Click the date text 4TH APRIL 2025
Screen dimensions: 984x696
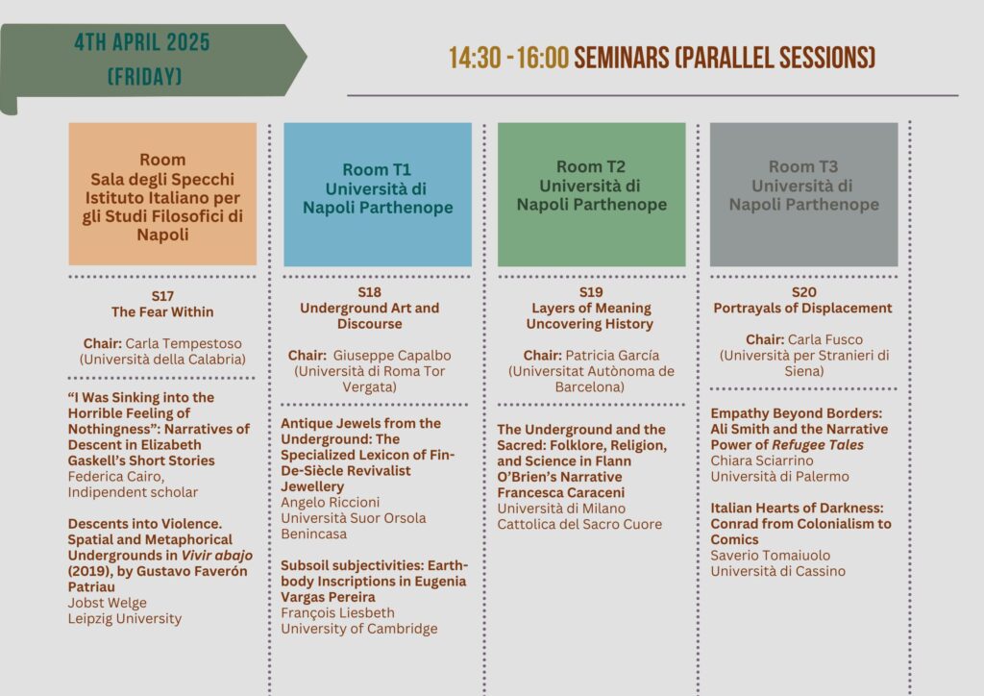click(142, 42)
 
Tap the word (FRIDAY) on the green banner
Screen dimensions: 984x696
click(144, 77)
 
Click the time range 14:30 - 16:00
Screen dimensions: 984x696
click(508, 58)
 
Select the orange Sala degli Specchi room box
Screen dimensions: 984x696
click(162, 194)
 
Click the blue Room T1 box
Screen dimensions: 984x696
click(378, 194)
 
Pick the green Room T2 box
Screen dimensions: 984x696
click(592, 194)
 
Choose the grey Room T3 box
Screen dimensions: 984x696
click(804, 194)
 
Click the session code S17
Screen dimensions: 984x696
click(162, 295)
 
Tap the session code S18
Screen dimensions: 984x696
click(370, 292)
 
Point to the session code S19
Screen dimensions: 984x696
click(591, 292)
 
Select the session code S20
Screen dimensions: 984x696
click(804, 292)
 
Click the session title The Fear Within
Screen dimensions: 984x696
click(162, 311)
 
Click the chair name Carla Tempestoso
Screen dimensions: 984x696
click(184, 343)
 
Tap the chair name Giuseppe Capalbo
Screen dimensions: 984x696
click(392, 356)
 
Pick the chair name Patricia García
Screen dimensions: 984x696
click(612, 356)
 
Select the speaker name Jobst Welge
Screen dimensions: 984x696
click(108, 603)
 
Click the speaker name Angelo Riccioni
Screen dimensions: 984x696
click(331, 502)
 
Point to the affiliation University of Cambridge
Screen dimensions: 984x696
click(359, 628)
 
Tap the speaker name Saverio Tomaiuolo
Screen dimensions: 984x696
click(770, 556)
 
